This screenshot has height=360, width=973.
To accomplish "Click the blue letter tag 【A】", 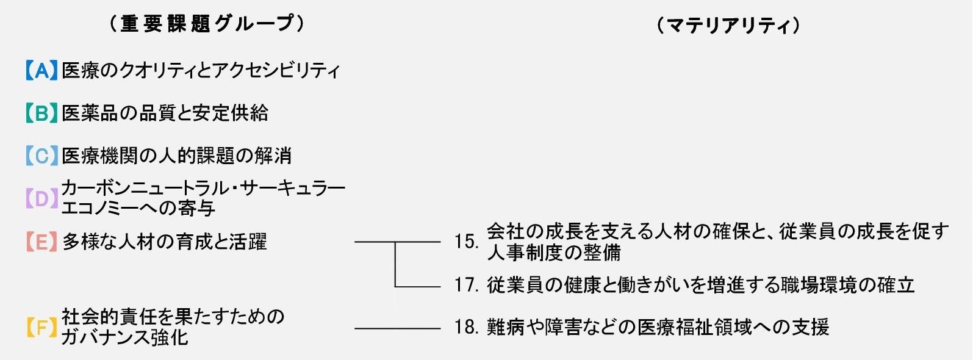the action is (x=41, y=71).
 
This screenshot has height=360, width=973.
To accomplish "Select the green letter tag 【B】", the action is (x=41, y=113).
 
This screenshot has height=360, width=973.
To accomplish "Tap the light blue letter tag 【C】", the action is (x=41, y=156).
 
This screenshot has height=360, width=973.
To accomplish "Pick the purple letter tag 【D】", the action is (x=41, y=198).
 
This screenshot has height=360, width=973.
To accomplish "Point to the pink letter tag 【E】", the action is (x=41, y=242).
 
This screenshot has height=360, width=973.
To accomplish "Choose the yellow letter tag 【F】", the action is (x=41, y=328).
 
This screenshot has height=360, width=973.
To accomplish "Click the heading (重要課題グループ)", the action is (x=207, y=24).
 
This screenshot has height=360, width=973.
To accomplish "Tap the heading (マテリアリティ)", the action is (x=728, y=26).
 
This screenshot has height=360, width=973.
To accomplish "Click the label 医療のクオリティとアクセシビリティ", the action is (x=201, y=71).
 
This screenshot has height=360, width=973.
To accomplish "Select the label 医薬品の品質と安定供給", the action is (x=165, y=113).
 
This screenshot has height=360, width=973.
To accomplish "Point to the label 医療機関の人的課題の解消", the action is (x=176, y=156).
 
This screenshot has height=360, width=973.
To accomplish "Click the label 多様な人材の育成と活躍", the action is (x=164, y=242).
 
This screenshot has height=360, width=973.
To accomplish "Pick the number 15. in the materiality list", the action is (x=467, y=242).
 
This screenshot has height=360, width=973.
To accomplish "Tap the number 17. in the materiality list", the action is (x=467, y=286).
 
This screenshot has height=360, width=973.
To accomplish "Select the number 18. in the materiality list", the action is (x=467, y=328).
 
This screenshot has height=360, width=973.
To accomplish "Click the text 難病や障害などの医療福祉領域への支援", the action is (x=658, y=328).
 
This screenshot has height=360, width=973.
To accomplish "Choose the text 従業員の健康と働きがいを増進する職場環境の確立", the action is (x=700, y=286).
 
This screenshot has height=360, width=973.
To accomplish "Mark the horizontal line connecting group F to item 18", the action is (x=397, y=329).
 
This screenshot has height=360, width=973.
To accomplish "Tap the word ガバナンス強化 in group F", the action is (x=124, y=337).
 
